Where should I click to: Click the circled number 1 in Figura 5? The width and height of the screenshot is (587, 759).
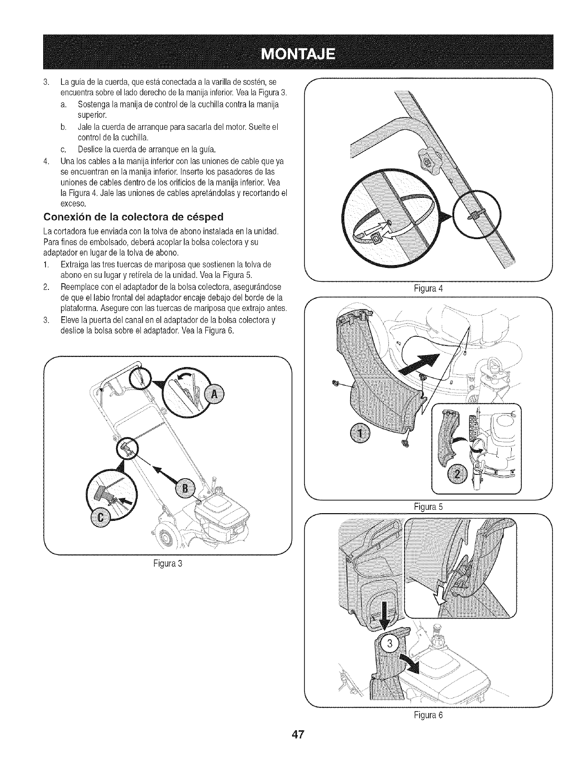pyautogui.click(x=355, y=433)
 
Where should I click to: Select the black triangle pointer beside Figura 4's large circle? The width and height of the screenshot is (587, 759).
pyautogui.click(x=447, y=220)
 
